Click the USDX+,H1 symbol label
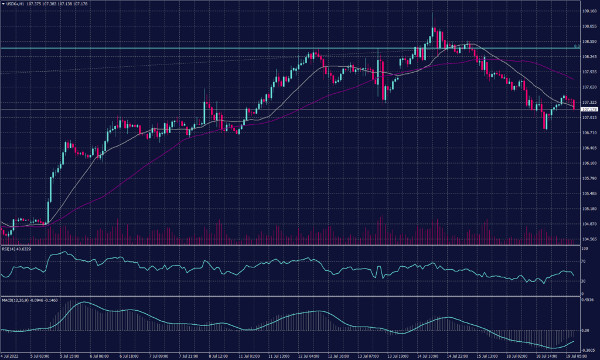click(x=16, y=4)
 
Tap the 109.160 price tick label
click(x=589, y=11)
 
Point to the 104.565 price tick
click(x=589, y=239)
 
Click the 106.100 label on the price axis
click(x=589, y=163)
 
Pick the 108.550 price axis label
click(x=589, y=42)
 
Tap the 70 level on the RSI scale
click(x=584, y=260)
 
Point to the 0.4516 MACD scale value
click(x=588, y=300)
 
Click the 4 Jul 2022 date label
click(x=12, y=356)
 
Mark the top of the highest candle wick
click(x=432, y=11)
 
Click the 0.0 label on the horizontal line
click(x=577, y=46)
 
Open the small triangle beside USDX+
click(x=3, y=4)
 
